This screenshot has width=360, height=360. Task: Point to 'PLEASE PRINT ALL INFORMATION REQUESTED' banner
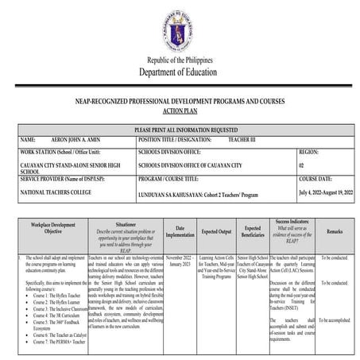[x=180, y=127]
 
